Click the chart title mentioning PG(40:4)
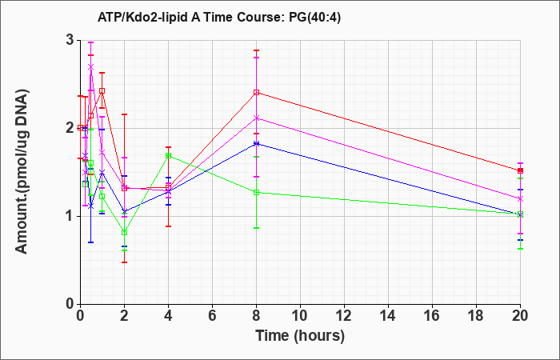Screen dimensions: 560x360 pos(219,17)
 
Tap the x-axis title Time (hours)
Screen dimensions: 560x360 pos(300,336)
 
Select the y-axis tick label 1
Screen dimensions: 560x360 pos(70,217)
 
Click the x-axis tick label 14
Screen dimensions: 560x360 pos(388,316)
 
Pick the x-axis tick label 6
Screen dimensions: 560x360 pos(212,316)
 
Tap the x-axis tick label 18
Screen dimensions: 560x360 pos(476,316)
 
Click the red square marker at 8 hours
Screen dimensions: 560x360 pos(256,93)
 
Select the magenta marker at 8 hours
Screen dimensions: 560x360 pos(256,118)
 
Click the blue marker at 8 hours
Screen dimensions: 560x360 pos(256,143)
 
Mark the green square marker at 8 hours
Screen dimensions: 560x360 pos(256,193)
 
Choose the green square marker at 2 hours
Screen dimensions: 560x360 pos(124,233)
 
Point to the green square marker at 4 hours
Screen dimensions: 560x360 pos(168,156)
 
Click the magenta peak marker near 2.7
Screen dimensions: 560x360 pos(90,66)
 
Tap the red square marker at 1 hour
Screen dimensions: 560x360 pos(102,91)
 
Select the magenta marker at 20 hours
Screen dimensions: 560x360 pos(520,198)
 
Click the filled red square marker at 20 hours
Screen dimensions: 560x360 pos(520,170)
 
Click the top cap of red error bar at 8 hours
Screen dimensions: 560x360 pos(256,50)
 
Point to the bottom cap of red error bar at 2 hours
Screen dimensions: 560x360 pos(124,262)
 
